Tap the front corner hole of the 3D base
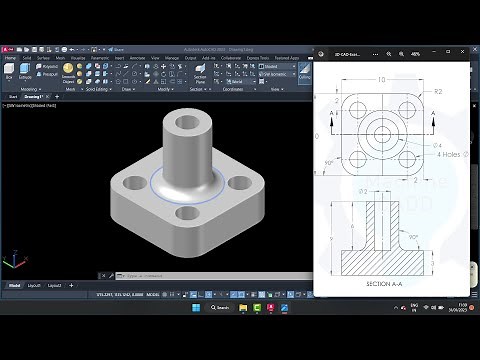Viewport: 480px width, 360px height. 187,213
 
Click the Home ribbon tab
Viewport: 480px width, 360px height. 10,58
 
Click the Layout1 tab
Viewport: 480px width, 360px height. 34,285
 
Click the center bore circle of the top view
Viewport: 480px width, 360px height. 381,133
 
